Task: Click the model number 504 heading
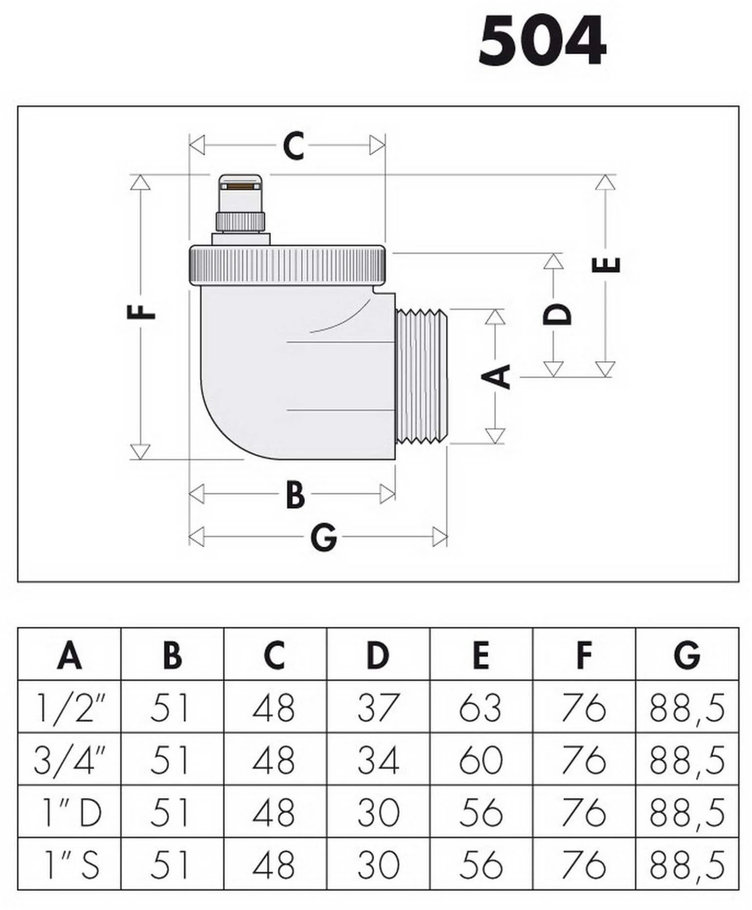542,41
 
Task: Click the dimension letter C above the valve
293,146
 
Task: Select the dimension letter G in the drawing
323,537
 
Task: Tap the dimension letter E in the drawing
606,265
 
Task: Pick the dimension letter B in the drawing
295,494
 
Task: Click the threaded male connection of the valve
422,377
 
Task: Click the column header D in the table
378,655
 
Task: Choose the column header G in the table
687,655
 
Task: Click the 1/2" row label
70,707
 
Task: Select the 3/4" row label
70,760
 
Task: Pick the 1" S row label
70,865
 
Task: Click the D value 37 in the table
379,707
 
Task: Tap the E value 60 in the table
481,760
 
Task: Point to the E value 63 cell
481,707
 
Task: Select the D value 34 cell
379,760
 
